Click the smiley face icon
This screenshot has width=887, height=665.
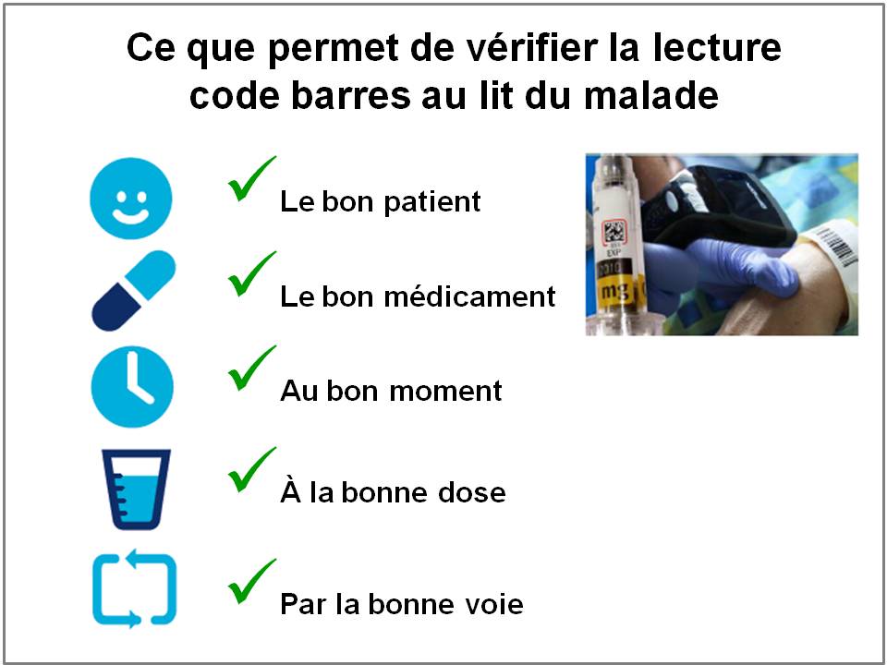pos(130,199)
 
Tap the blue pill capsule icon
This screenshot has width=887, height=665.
pos(133,291)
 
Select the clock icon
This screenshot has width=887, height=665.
pos(132,387)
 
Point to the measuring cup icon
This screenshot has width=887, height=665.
pos(136,490)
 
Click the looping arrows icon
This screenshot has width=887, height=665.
pos(134,588)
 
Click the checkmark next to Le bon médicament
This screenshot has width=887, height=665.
pos(250,273)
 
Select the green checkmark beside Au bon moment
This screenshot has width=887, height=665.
pos(250,369)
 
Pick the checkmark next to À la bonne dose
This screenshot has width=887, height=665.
pos(250,469)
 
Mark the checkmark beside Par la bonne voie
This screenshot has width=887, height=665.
pos(250,581)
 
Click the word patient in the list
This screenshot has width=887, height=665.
pos(432,202)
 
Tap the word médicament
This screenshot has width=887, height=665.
pos(469,296)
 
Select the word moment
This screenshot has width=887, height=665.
pos(445,392)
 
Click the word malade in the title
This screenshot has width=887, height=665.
pos(651,95)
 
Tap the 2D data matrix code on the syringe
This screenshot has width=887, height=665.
pos(614,232)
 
